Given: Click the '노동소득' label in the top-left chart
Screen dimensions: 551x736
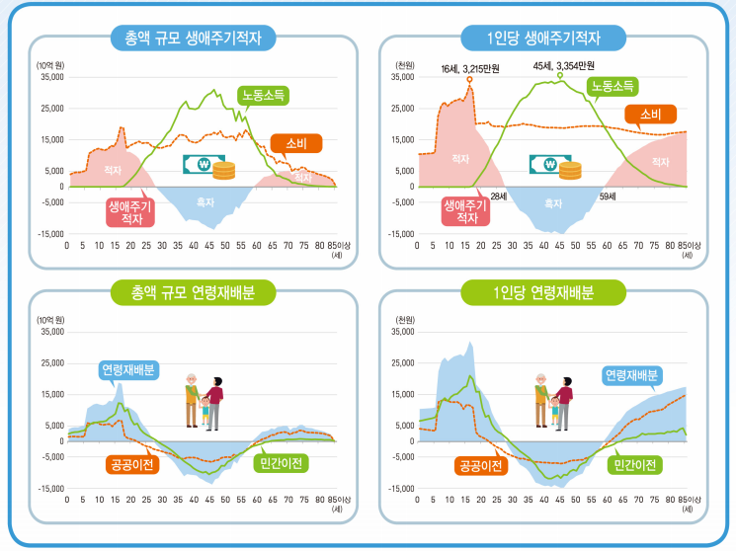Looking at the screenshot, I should tap(265, 97).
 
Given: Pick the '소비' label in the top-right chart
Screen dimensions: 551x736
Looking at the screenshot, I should tap(650, 115).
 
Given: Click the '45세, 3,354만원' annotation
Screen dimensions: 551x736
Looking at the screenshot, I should tap(563, 65).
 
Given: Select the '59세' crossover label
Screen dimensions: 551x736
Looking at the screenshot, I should tap(608, 197).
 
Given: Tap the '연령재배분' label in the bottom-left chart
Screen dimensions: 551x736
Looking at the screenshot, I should tap(127, 371).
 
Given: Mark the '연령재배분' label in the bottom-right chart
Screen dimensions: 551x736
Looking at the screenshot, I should tap(632, 375).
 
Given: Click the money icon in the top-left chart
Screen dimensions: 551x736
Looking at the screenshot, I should tap(209, 167).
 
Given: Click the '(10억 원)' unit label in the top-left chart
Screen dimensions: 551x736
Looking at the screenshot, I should tap(50, 65).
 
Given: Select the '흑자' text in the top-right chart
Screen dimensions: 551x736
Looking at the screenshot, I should tap(553, 203).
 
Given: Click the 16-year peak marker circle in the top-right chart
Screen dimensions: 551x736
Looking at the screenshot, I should tap(469, 78).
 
